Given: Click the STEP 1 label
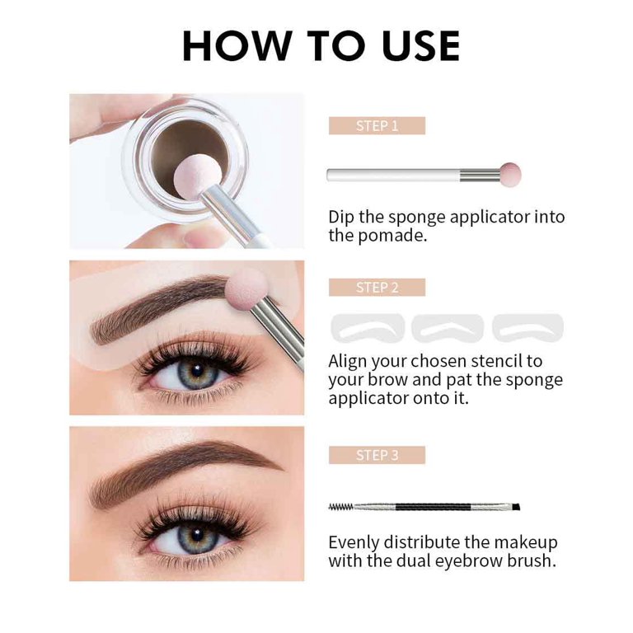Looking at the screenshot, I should coord(377,126).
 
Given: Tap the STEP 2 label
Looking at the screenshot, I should coord(377,288).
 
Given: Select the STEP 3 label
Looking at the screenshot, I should coord(377,455).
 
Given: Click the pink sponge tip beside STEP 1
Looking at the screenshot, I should coord(510,173).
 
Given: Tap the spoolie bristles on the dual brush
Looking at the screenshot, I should coord(341,507).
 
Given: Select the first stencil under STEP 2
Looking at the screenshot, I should coord(368,327).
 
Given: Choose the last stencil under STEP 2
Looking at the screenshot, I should coord(527,327).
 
